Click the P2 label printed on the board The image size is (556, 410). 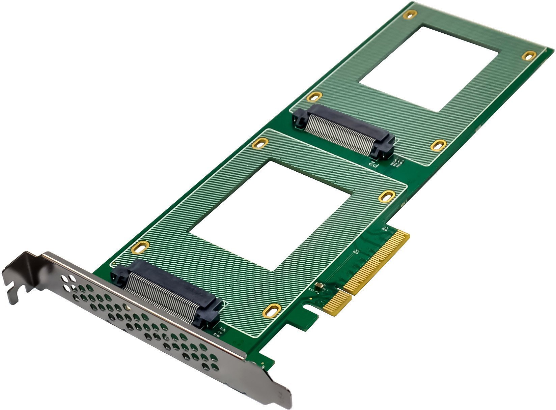point(373,165)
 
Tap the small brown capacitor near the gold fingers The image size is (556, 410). point(319,286)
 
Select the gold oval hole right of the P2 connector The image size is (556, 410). point(438,145)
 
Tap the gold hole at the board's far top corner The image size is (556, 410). point(410,14)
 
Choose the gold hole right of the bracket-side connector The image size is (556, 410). point(272,310)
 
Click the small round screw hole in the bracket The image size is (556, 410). point(127,307)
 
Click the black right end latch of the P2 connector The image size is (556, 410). point(383,147)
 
